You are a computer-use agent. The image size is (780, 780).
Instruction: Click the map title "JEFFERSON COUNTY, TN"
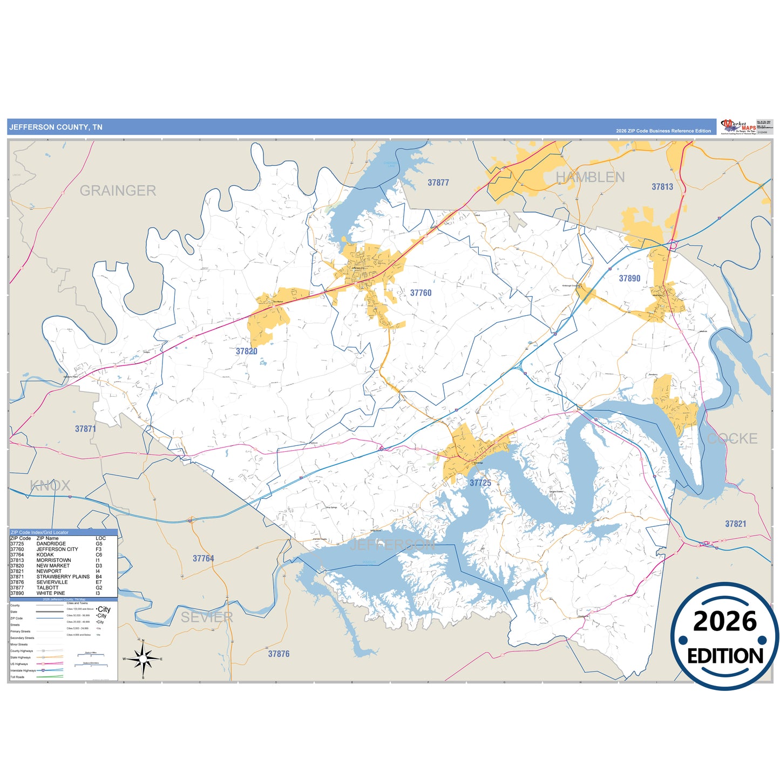click(x=56, y=127)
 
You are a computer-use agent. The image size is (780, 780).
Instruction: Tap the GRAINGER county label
click(x=118, y=191)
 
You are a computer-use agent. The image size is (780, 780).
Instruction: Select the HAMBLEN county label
click(x=590, y=177)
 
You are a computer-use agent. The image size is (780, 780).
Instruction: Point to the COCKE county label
click(x=732, y=438)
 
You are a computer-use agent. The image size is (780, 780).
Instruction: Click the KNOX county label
click(x=50, y=485)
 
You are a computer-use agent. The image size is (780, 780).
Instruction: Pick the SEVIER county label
click(x=207, y=617)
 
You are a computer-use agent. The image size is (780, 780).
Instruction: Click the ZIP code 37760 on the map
click(x=420, y=293)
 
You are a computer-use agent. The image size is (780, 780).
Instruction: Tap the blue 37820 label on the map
click(x=246, y=351)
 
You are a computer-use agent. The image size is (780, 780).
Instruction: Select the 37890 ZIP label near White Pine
click(x=629, y=279)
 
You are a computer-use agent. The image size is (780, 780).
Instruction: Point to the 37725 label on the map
click(x=480, y=483)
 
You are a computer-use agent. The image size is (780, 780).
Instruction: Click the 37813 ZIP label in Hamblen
click(x=662, y=187)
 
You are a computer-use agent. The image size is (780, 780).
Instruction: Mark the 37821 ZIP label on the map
click(x=735, y=524)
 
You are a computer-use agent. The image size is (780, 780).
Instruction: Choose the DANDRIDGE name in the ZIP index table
click(x=51, y=544)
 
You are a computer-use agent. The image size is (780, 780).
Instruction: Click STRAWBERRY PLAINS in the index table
click(x=63, y=577)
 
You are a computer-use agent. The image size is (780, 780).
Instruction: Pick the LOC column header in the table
click(x=100, y=538)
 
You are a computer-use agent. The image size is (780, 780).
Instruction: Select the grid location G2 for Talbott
click(x=99, y=588)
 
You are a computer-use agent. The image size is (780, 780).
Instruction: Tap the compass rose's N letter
click(x=143, y=641)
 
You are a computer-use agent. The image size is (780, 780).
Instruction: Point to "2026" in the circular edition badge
click(x=724, y=621)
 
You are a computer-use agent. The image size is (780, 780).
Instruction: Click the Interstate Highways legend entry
click(x=23, y=670)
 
